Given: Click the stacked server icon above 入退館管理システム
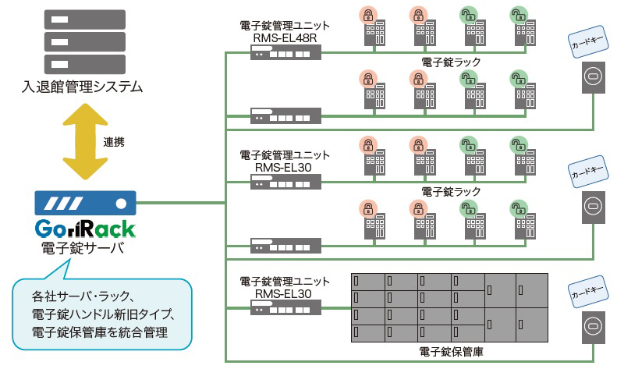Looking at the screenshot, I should [x=85, y=40].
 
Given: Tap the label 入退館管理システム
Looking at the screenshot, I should [x=83, y=87].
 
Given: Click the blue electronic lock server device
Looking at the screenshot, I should [x=86, y=203].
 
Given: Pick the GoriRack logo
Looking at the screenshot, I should [x=86, y=229].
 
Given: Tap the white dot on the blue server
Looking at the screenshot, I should [x=121, y=203].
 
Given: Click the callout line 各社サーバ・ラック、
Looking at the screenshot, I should [x=85, y=296].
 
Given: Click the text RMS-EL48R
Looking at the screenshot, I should [x=285, y=37].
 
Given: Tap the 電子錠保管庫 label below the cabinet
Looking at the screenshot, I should [x=451, y=353].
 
